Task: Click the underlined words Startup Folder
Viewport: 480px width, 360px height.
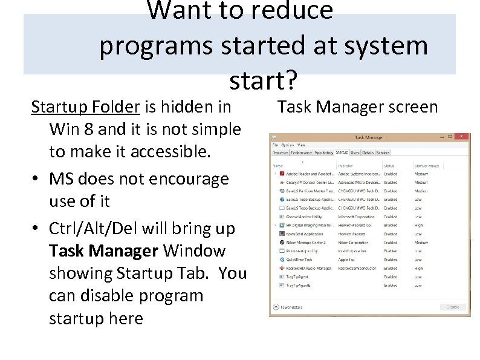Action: pyautogui.click(x=85, y=107)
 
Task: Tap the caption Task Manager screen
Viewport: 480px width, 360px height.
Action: pyautogui.click(x=357, y=107)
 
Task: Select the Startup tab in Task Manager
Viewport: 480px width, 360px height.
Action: pyautogui.click(x=342, y=153)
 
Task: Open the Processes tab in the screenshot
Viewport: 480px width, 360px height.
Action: pyautogui.click(x=281, y=153)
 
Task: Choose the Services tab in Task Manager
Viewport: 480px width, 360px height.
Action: pyautogui.click(x=383, y=153)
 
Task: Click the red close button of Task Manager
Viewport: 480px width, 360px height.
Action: pyautogui.click(x=463, y=138)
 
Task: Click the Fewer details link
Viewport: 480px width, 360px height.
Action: pyautogui.click(x=291, y=307)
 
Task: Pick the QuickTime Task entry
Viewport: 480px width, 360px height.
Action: pyautogui.click(x=299, y=260)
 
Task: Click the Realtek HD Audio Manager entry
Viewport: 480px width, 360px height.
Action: pyautogui.click(x=309, y=268)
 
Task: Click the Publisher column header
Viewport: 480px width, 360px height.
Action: pyautogui.click(x=346, y=165)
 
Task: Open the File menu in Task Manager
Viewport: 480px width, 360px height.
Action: pyautogui.click(x=275, y=145)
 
